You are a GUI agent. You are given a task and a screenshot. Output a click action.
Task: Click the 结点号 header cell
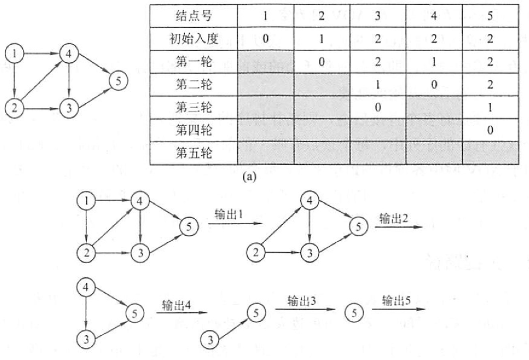coord(193,16)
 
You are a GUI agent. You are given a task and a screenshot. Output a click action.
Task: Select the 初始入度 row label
coord(193,38)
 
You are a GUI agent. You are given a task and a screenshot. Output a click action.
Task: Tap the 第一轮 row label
coord(193,61)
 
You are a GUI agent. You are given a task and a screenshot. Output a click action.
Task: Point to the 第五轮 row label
coord(193,153)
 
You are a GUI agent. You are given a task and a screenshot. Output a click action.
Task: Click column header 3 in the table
coord(377,16)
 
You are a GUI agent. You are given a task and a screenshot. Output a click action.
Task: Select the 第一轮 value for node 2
coord(321,61)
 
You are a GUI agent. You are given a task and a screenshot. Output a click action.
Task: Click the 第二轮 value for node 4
coord(434,84)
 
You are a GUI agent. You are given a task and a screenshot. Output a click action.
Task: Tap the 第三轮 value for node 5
coord(490,107)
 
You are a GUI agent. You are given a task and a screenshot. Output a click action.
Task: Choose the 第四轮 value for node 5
coord(490,130)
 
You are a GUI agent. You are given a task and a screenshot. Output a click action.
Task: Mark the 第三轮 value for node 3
coord(377,107)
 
